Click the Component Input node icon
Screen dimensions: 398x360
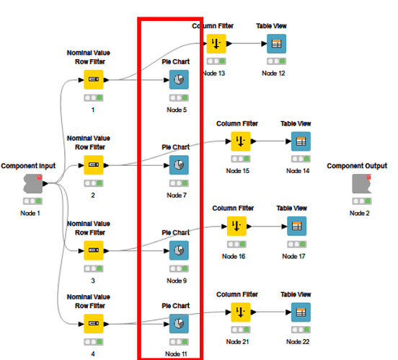(x=33, y=183)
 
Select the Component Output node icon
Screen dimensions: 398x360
(x=362, y=183)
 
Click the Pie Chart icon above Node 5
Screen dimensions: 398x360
(x=179, y=79)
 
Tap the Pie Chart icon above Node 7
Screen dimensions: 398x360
(x=179, y=165)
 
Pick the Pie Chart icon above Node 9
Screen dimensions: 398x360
(x=179, y=250)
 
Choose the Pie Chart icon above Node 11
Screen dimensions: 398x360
(x=179, y=323)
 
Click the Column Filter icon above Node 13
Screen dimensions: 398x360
(x=216, y=44)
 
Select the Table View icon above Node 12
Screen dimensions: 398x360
(x=276, y=44)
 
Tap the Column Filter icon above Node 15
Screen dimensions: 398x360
(x=241, y=141)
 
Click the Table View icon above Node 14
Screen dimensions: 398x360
(x=301, y=141)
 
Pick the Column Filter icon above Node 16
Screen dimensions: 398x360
(x=236, y=226)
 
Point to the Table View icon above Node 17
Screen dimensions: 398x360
(x=297, y=226)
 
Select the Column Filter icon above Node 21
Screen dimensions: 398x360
(x=241, y=312)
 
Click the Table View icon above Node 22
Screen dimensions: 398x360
(x=301, y=312)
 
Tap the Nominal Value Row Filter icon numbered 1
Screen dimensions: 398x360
(x=94, y=79)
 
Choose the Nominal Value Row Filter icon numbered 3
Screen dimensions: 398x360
(x=94, y=250)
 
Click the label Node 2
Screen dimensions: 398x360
(x=359, y=213)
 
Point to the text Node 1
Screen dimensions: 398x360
(x=30, y=213)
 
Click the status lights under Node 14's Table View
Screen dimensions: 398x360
(x=301, y=159)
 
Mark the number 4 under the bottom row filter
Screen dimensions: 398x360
(x=93, y=354)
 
